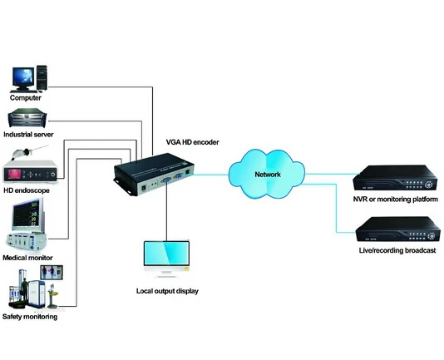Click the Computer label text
pos(26,98)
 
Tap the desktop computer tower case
pos(42,78)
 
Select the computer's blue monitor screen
pos(23,76)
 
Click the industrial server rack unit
pos(27,118)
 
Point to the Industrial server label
pos(28,134)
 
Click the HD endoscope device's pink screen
pos(15,175)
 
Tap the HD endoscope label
pos(27,190)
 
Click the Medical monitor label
pos(27,258)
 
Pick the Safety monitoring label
pos(30,317)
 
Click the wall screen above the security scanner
pos(52,273)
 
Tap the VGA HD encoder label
pos(192,142)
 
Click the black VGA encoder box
pos(154,175)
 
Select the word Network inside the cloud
pos(268,175)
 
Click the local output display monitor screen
pos(166,253)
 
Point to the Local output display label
pos(167,291)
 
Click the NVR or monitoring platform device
pos(395,178)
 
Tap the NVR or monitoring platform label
pos(395,199)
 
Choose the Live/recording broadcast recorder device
pos(397,229)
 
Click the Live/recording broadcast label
pos(397,250)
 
